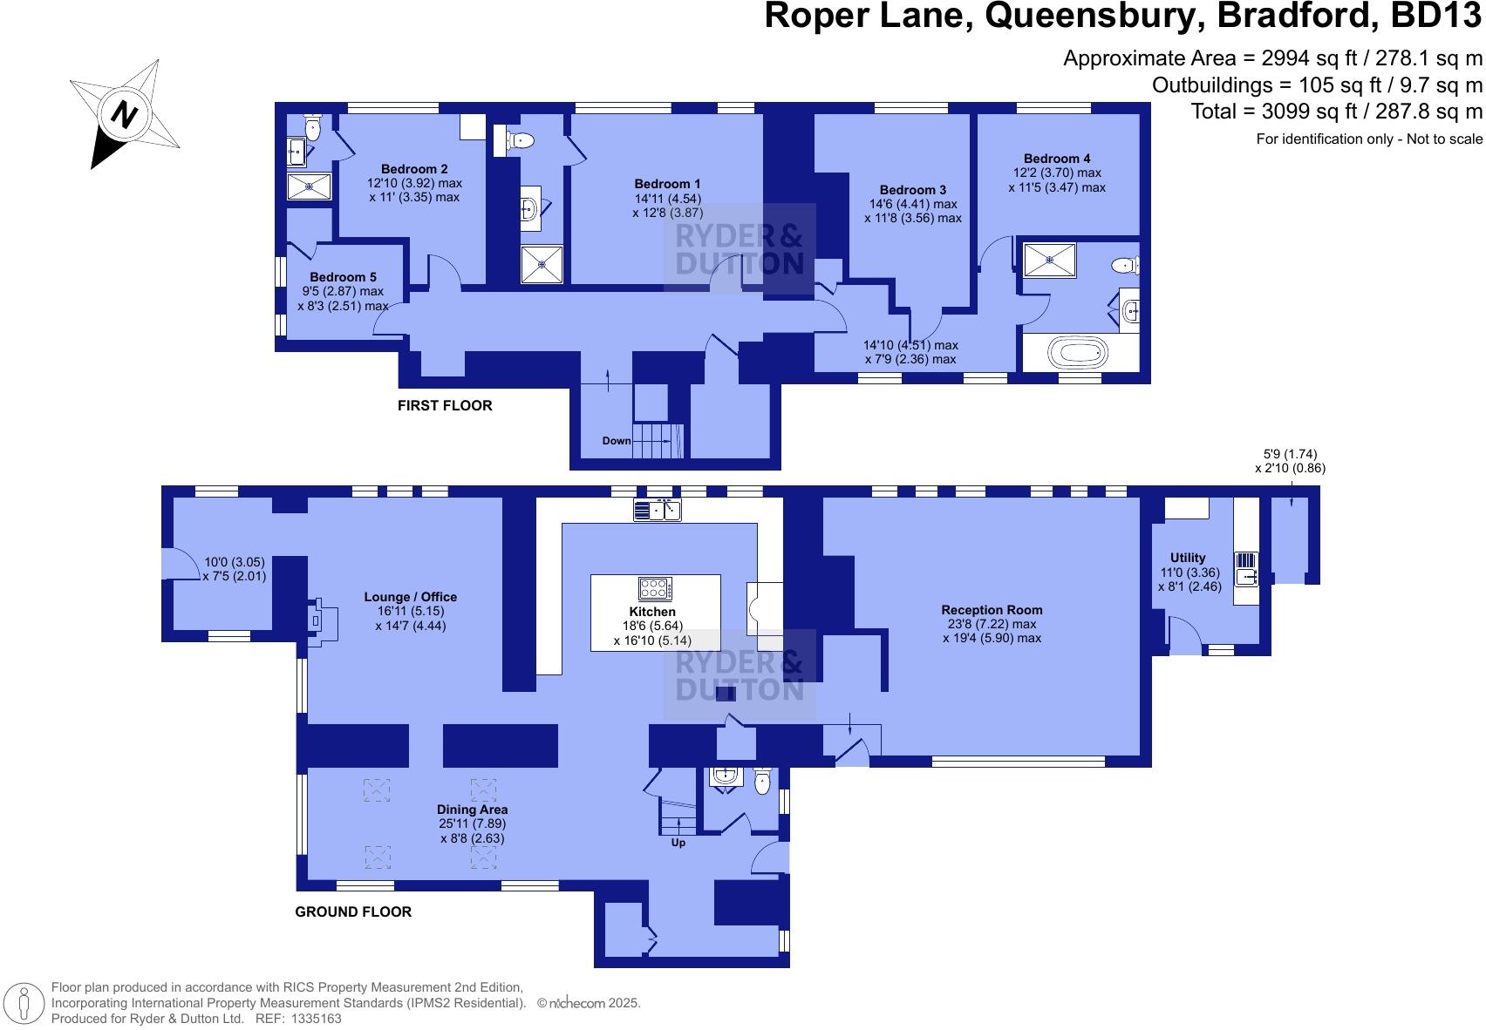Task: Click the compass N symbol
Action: (125, 114)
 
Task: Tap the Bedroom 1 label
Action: (667, 184)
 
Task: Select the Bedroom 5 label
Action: (343, 277)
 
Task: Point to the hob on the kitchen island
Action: (655, 588)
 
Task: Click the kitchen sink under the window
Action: (657, 510)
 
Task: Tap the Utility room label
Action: (1188, 558)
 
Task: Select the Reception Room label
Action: (992, 610)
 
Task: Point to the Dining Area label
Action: (472, 810)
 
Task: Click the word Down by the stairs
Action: (617, 441)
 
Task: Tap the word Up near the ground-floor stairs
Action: (678, 843)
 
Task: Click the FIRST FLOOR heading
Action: (445, 405)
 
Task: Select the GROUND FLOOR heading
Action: (353, 911)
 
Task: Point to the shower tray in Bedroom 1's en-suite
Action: (542, 264)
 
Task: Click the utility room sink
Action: (1245, 575)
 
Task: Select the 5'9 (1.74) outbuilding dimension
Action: (1290, 454)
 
